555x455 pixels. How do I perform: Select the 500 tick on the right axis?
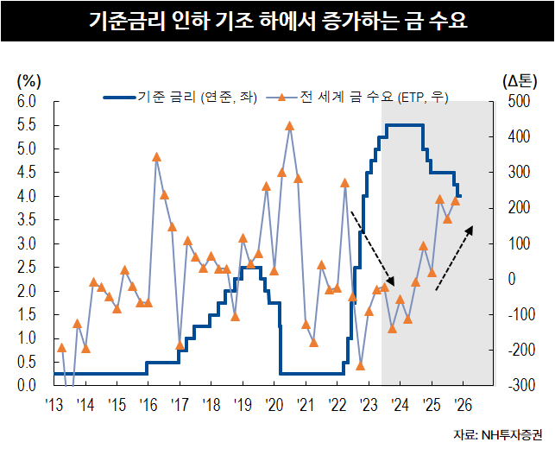(517, 102)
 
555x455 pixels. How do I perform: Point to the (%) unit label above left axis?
(29, 81)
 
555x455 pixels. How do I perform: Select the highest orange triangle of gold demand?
(289, 126)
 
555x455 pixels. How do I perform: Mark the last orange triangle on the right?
(456, 201)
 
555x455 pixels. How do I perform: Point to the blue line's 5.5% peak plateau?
(403, 126)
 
